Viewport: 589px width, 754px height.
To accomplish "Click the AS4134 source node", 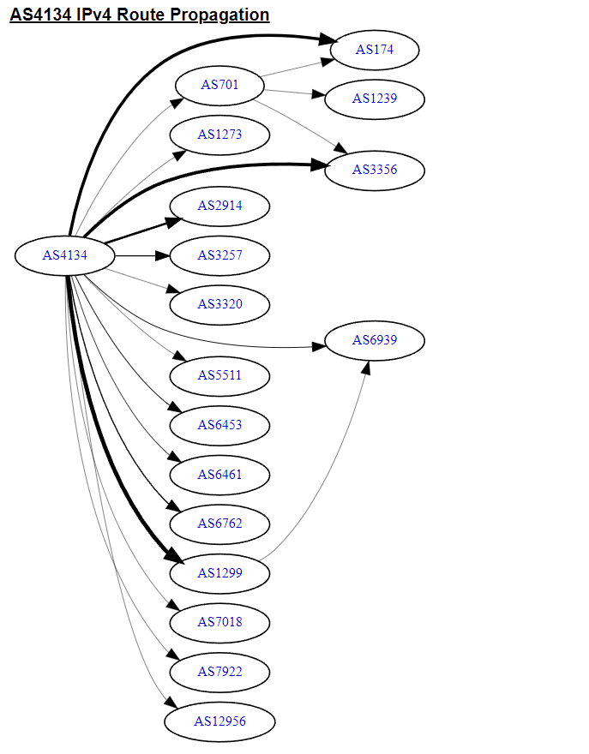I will [65, 254].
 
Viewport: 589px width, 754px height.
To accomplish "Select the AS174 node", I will [375, 50].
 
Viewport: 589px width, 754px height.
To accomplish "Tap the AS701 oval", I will [219, 85].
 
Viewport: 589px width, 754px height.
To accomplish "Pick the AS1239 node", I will [375, 99].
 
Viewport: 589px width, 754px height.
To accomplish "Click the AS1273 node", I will [219, 135].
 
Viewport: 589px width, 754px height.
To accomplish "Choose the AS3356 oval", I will [375, 170].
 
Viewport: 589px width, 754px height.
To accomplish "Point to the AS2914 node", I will [219, 206].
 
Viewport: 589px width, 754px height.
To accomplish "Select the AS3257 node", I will [219, 255].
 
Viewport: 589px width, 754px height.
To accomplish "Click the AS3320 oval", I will [219, 304].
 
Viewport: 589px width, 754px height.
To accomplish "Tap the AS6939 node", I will [375, 341].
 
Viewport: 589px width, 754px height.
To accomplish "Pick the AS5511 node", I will [219, 375].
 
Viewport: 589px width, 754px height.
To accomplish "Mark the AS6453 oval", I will [219, 425].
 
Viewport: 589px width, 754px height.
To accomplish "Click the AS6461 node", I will [219, 475].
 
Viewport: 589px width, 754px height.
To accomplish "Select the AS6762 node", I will [219, 524].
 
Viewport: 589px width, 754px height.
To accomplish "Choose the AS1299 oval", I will [219, 573].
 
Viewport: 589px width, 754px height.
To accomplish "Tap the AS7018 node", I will [219, 622].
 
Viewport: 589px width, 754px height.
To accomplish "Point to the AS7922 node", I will [219, 672].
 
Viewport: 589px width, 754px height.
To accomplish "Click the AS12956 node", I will [219, 721].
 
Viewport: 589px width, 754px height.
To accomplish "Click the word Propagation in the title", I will [221, 15].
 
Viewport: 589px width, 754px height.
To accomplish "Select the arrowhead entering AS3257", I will [163, 255].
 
